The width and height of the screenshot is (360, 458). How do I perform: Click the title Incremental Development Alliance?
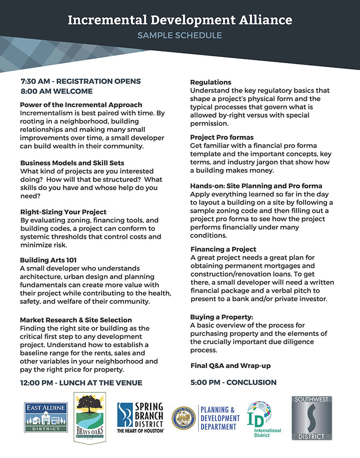click(x=180, y=20)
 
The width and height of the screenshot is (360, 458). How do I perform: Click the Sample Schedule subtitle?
click(x=180, y=35)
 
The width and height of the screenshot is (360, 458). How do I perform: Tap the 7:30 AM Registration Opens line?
click(x=81, y=81)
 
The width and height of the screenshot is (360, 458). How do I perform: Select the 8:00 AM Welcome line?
click(x=56, y=91)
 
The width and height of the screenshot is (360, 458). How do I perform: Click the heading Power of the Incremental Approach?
click(x=81, y=105)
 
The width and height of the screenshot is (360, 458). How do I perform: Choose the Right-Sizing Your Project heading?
click(x=63, y=212)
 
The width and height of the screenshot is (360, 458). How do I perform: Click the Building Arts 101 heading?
click(x=48, y=261)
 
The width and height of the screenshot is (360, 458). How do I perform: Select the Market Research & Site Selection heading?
click(x=76, y=320)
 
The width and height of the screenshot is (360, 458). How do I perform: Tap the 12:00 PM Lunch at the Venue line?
click(x=81, y=383)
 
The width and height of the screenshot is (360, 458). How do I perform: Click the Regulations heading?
click(x=211, y=82)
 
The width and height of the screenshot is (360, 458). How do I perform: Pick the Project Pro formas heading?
click(x=222, y=138)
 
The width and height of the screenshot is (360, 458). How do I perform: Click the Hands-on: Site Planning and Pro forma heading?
click(x=256, y=186)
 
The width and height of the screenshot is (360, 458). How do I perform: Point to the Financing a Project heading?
click(x=223, y=249)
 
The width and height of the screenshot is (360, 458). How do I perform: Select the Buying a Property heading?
click(x=221, y=317)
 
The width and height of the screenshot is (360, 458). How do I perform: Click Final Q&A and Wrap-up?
click(x=231, y=365)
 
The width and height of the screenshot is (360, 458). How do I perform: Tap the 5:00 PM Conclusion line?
click(x=234, y=382)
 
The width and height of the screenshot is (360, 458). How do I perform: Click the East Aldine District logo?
click(x=46, y=416)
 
